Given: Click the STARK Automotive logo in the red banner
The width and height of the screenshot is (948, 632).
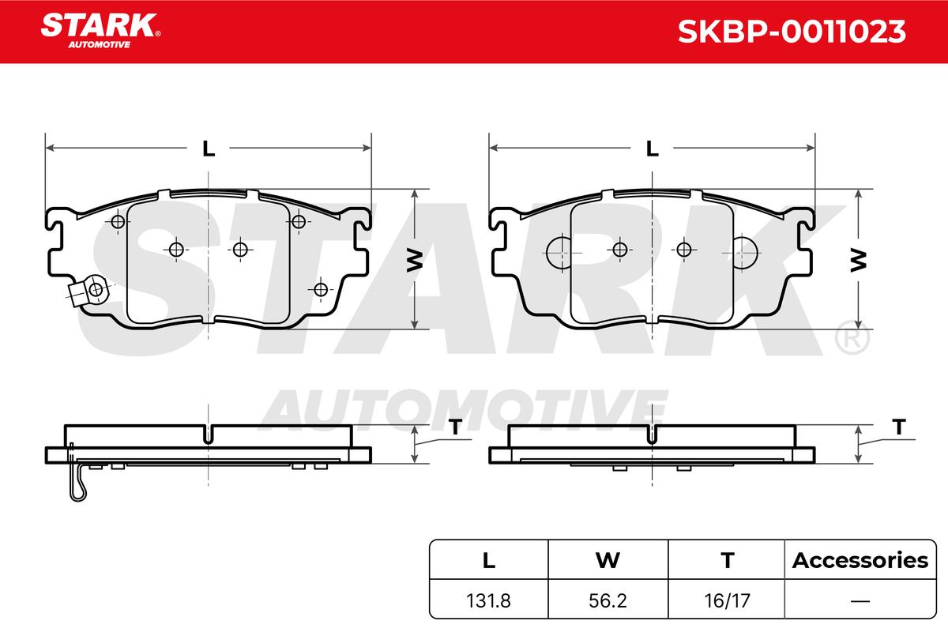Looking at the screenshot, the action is tap(100, 31).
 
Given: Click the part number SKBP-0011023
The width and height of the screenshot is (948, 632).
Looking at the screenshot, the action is tap(792, 32).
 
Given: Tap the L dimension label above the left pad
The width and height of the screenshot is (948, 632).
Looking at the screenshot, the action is tap(209, 149).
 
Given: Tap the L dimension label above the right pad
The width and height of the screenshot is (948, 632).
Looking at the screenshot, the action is tap(653, 149).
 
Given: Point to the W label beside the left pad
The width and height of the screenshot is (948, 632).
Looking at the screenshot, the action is tap(415, 260).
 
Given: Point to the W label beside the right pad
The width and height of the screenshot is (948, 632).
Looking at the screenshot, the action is tap(858, 260).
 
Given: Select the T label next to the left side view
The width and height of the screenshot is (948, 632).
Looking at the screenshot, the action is tap(455, 427).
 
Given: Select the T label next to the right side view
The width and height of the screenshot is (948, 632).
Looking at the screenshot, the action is tap(899, 427).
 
